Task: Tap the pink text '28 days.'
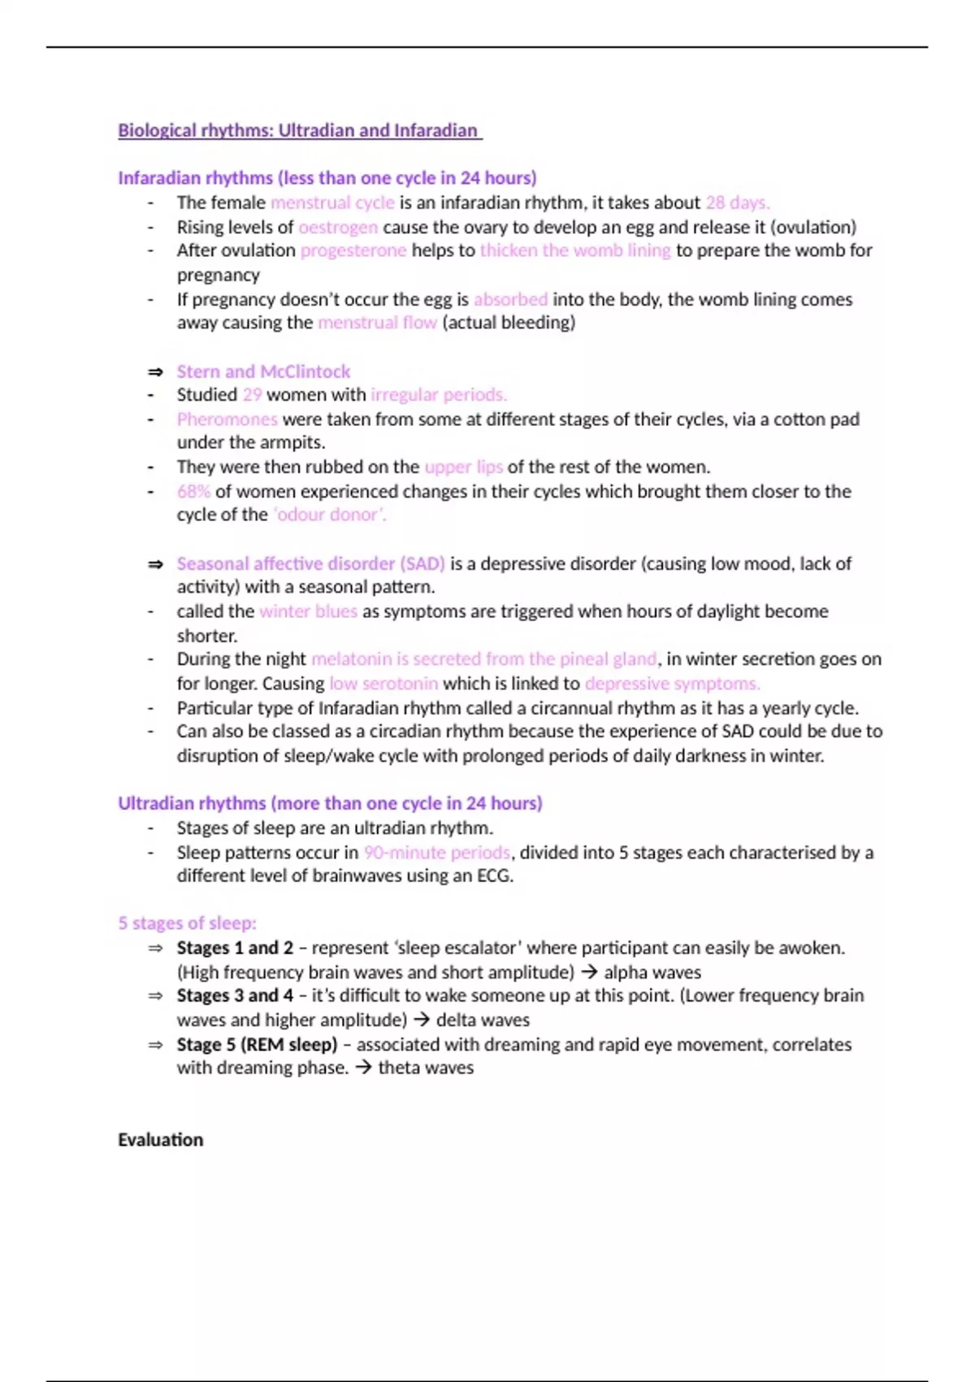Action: click(x=737, y=202)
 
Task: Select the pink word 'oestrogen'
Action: click(x=338, y=227)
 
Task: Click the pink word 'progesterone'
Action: click(x=353, y=250)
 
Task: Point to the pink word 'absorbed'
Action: click(x=510, y=299)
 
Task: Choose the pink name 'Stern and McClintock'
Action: click(x=263, y=372)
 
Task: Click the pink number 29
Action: click(x=252, y=395)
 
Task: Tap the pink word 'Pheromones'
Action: click(x=227, y=419)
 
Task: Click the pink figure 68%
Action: click(x=193, y=492)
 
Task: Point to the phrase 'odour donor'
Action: click(x=329, y=515)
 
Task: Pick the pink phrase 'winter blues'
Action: click(x=308, y=611)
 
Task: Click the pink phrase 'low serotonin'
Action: click(x=383, y=684)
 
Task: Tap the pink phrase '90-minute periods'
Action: click(x=437, y=853)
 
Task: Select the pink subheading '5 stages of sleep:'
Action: click(x=187, y=924)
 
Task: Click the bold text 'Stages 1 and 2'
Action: click(x=235, y=948)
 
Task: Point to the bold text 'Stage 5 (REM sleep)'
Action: click(x=257, y=1045)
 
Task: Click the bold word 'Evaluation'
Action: click(x=160, y=1140)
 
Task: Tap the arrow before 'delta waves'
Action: click(x=421, y=1020)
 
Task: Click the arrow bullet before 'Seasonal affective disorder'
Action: click(x=155, y=564)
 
